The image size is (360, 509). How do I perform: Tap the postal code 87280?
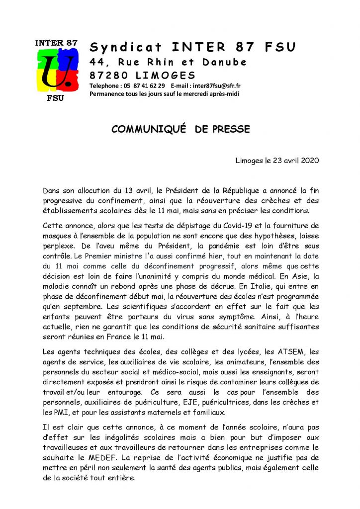coord(108,76)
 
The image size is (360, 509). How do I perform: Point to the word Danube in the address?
coord(224,62)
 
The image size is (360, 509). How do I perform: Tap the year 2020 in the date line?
coord(308,161)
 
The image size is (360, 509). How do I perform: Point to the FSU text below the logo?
coord(55,97)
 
